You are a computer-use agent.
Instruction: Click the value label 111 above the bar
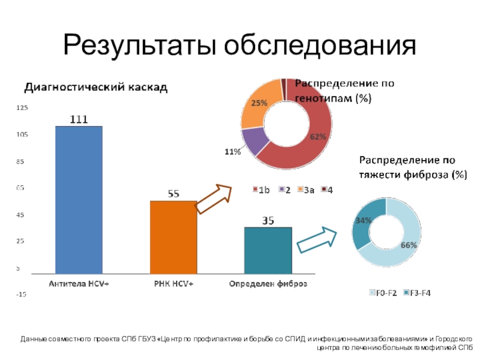(x=79, y=119)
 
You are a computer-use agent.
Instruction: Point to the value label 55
(x=173, y=194)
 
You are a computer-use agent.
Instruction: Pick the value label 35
(x=268, y=221)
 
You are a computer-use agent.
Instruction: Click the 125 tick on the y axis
(x=22, y=108)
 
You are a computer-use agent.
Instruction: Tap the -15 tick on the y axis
(x=22, y=295)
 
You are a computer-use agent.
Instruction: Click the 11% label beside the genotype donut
(x=233, y=152)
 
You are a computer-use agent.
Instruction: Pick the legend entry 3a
(x=306, y=190)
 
